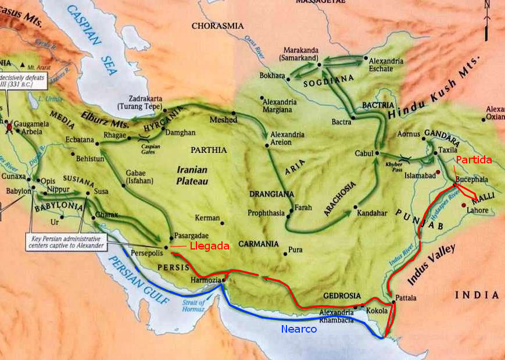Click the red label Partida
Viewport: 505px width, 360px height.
[474, 160]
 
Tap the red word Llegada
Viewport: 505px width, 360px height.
[209, 246]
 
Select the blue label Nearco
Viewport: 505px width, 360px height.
[298, 329]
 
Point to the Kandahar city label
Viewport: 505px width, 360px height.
[374, 213]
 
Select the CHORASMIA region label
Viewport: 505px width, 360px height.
[218, 26]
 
